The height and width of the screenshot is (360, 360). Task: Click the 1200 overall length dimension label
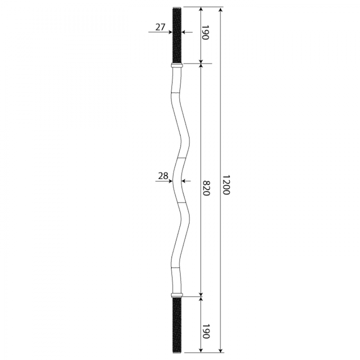[x=226, y=185]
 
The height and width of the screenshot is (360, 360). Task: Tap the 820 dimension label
[x=207, y=188]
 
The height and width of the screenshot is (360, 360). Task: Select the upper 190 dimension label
[x=206, y=32]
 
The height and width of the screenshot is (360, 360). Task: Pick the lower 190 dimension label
[x=206, y=331]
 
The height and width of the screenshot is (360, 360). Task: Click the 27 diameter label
[x=160, y=27]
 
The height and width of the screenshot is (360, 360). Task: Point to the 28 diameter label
[x=163, y=176]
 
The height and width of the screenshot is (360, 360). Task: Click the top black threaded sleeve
[x=177, y=36]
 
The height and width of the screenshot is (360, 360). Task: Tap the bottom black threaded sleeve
[x=177, y=325]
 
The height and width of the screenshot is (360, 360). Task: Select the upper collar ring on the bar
[x=177, y=66]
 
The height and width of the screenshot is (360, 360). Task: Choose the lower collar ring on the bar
[x=177, y=295]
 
